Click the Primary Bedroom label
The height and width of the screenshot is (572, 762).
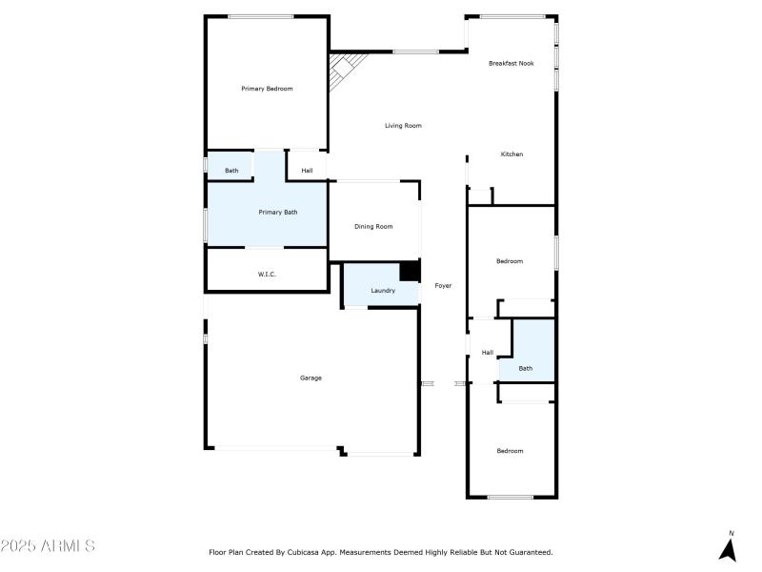[x=267, y=89]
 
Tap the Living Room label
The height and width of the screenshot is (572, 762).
[x=403, y=126]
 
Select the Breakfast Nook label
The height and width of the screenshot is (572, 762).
[x=511, y=64]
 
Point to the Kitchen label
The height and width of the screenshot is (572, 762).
[x=512, y=154]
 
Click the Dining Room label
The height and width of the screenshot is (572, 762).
[x=373, y=227]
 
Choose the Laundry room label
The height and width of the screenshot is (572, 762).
[x=383, y=291]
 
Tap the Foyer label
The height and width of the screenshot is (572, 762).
[x=443, y=286]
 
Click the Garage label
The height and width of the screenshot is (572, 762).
[x=311, y=378]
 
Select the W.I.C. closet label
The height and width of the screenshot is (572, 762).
[x=267, y=276]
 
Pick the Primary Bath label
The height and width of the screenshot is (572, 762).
[x=278, y=213]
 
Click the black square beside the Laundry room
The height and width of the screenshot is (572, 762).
[x=410, y=271]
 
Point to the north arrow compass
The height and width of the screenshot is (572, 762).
[x=729, y=547]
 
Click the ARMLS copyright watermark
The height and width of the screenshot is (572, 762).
[x=48, y=546]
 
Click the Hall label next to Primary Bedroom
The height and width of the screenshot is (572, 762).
[x=307, y=172]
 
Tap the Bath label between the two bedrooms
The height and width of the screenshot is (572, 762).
[x=526, y=369]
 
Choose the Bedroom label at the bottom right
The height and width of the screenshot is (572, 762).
[x=510, y=451]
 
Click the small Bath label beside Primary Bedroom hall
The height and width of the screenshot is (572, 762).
[x=231, y=172]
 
